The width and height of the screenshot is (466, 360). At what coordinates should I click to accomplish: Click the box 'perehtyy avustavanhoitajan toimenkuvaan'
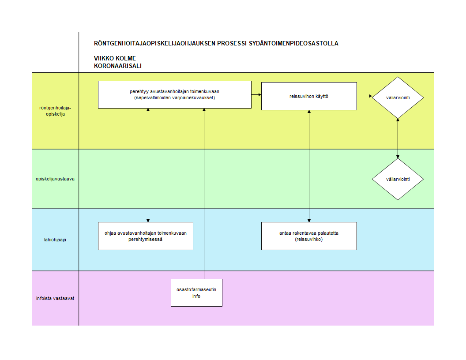coord(175,94)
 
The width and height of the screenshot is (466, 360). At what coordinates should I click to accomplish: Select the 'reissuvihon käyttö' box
coord(309,96)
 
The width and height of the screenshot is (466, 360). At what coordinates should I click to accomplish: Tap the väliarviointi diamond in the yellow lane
coord(398,98)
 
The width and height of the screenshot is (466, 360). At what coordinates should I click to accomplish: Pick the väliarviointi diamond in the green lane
coord(398,179)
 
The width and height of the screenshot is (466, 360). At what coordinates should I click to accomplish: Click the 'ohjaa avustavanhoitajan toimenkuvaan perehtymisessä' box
coord(146,236)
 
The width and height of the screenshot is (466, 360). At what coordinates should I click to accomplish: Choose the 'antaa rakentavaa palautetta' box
coord(309,236)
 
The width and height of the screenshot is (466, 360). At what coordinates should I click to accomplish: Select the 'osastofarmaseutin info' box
coord(196,292)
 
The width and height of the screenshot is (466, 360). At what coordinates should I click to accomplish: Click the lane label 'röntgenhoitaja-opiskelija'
coord(55,111)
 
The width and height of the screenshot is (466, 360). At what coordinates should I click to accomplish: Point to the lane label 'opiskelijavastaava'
coord(55,179)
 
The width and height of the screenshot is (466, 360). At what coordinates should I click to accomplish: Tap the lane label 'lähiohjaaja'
coord(55,240)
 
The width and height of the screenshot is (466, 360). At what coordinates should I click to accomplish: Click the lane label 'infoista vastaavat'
coord(55,298)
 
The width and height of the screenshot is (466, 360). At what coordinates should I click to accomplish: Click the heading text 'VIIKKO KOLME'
coord(115,58)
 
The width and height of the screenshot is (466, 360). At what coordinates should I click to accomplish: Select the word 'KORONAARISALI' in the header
coord(118,66)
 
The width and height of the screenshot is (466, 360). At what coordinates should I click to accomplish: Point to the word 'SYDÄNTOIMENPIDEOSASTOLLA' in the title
coord(293,43)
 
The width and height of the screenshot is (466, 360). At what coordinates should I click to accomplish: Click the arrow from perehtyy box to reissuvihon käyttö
coord(256,95)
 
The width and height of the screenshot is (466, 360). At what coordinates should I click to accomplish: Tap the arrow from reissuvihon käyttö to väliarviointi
coord(365,96)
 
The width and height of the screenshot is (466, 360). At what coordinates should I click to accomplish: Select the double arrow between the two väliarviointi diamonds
coord(398,139)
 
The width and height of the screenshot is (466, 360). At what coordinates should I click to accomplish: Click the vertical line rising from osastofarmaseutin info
coord(204,194)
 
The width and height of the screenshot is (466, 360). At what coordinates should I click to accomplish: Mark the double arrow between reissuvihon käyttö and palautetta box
coord(309,166)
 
